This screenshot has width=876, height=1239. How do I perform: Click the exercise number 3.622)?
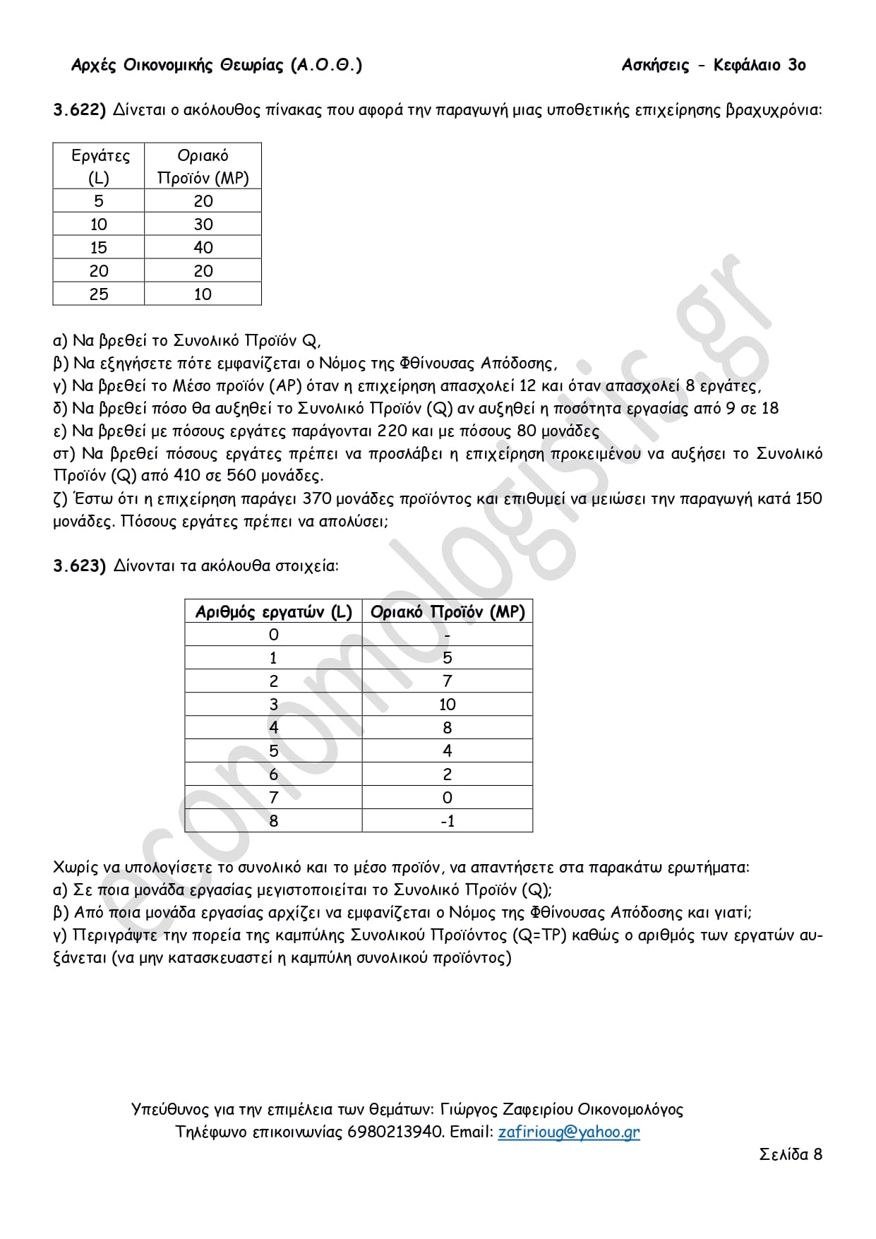pos(79,110)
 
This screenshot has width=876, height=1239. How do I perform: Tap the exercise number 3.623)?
pos(79,566)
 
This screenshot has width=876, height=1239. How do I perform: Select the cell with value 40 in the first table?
pos(203,248)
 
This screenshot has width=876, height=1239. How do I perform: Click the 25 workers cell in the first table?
pos(99,294)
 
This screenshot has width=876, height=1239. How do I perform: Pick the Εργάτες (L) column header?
pos(99,166)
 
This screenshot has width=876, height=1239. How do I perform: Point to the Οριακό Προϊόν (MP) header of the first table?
pos(203,166)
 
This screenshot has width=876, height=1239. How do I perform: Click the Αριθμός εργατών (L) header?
pos(273,612)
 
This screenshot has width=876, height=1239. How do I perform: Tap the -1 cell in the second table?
pos(448,821)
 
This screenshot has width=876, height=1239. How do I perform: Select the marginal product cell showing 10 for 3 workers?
pos(448,705)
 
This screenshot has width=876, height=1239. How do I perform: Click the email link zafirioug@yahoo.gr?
pos(569,1132)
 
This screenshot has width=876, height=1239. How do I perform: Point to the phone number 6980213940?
pos(395,1132)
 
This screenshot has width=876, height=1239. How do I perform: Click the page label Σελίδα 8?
pos(791,1154)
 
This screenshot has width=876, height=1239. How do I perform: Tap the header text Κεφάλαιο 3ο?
pos(760,66)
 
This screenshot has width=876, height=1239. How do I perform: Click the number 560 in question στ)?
pos(241,476)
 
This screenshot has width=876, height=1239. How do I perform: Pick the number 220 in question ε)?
pos(392,431)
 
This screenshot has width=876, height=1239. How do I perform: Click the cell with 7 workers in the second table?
pos(274,798)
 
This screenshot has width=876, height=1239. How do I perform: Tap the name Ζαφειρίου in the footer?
pos(536,1110)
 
